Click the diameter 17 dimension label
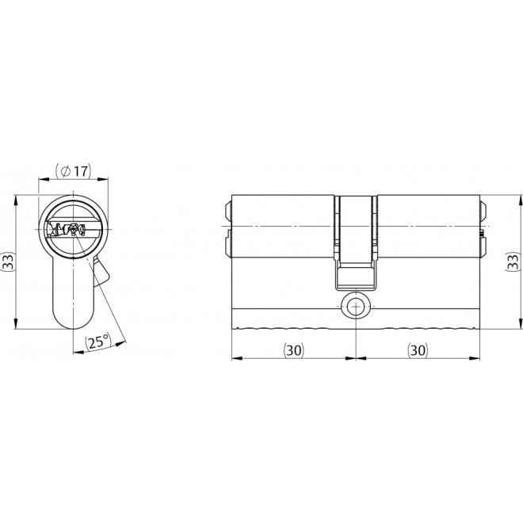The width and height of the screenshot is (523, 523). pos(74,170)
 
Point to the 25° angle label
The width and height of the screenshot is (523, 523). pos(97,343)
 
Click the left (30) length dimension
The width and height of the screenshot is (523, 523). pos(292,349)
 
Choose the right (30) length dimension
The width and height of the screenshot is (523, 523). pos(418,349)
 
